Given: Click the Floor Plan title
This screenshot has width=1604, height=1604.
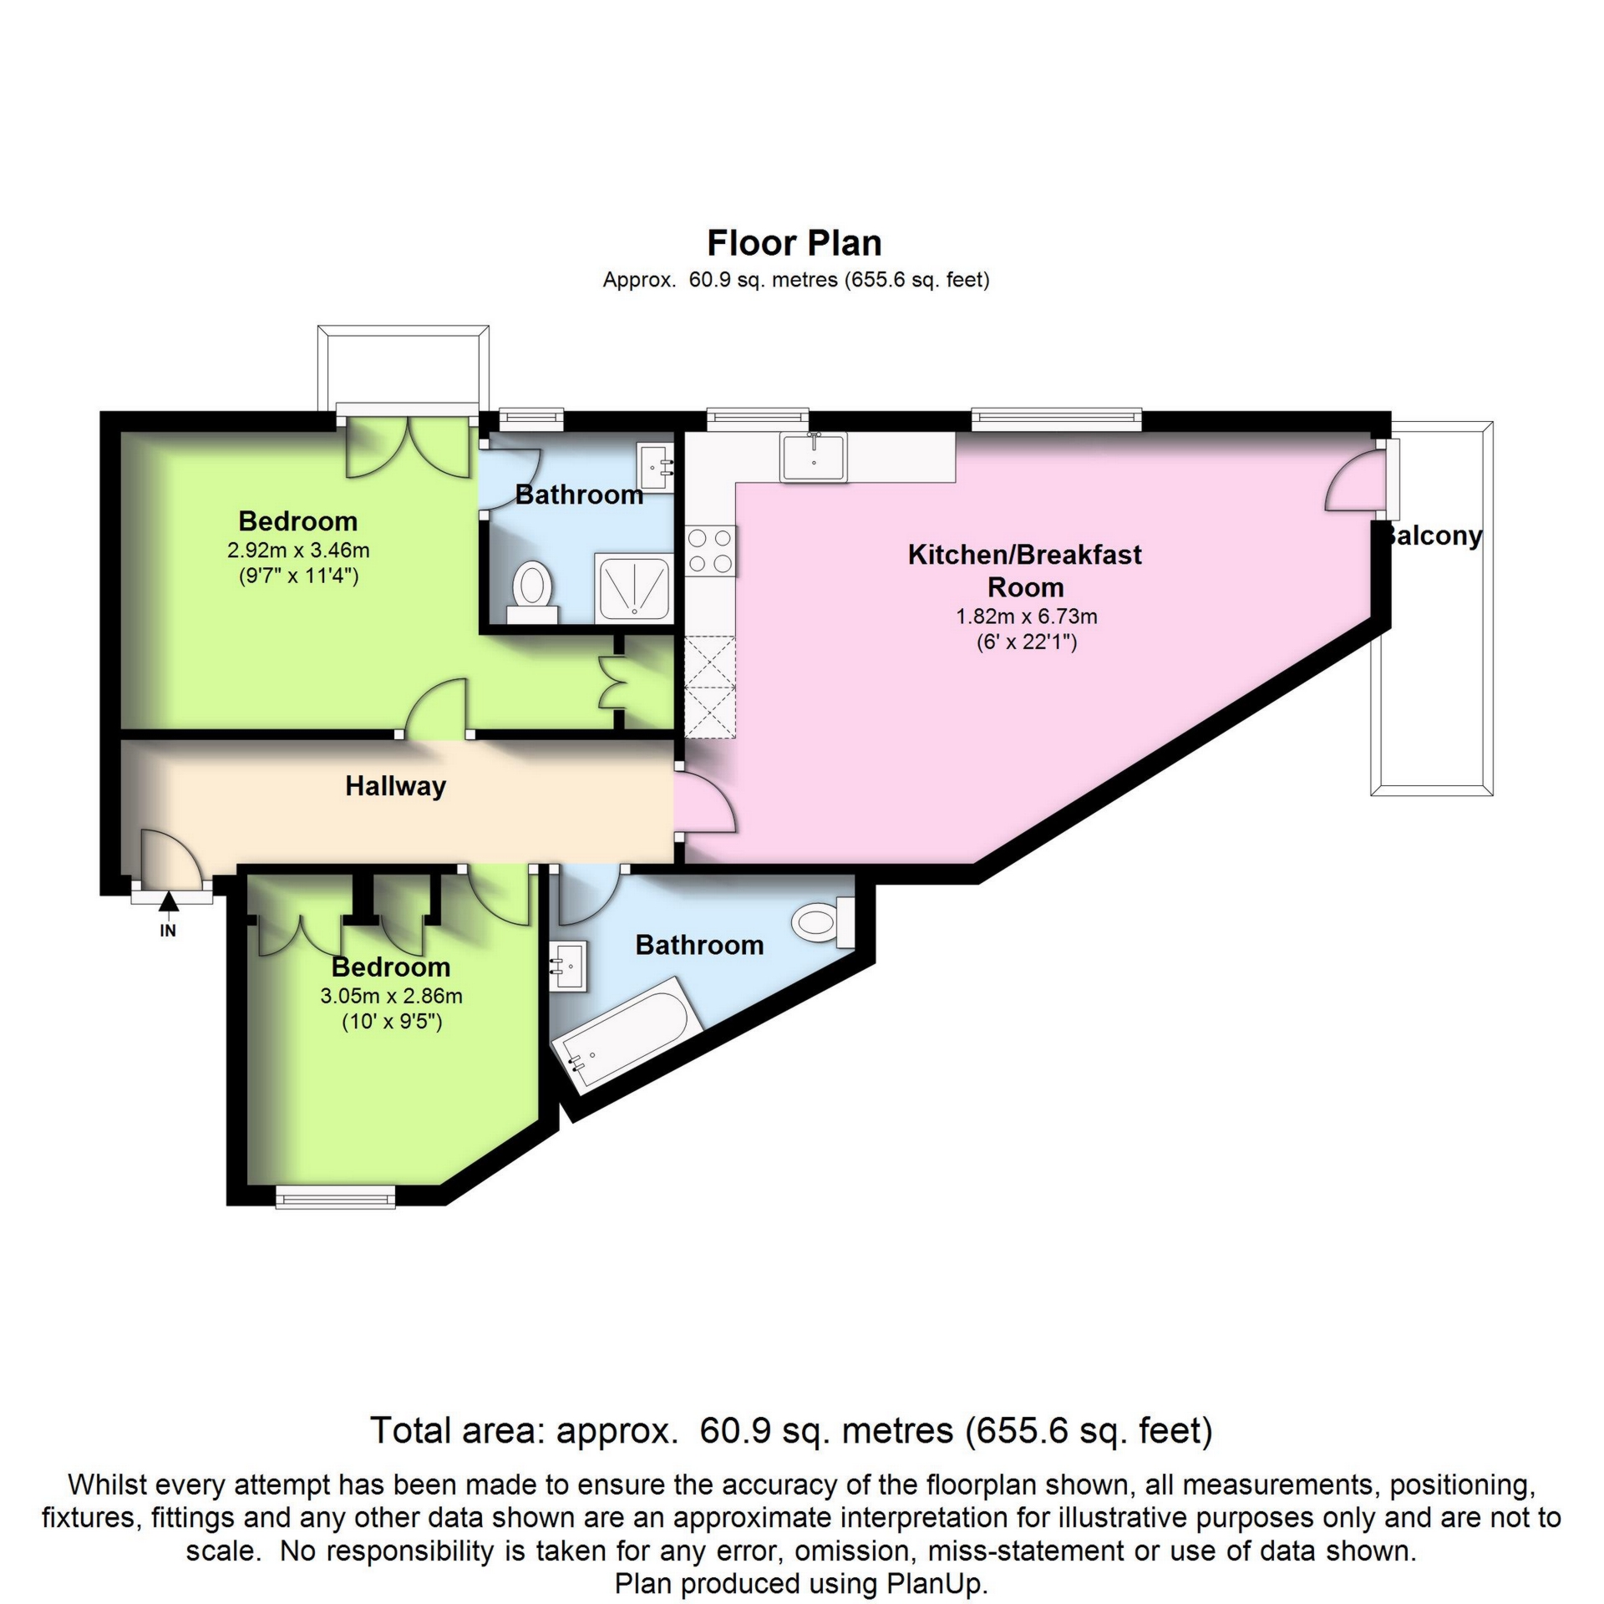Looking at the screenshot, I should [x=794, y=243].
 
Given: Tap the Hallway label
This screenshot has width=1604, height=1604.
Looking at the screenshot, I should [x=395, y=786].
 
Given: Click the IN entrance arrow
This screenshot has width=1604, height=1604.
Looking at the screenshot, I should [x=169, y=902].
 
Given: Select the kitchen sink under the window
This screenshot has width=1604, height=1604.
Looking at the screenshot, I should [x=813, y=456].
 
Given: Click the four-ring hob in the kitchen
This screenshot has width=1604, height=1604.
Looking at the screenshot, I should [x=710, y=551].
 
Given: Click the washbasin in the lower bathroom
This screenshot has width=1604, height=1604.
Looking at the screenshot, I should [x=569, y=966].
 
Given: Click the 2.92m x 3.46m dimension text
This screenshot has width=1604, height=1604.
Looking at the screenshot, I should [x=298, y=551].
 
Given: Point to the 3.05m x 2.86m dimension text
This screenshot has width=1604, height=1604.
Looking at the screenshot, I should [x=391, y=996].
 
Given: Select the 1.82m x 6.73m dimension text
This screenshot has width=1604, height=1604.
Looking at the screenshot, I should [x=1026, y=617].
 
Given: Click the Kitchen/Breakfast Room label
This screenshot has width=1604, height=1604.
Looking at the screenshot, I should [x=1024, y=571].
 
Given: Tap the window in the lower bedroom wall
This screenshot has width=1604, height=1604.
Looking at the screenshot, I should [x=335, y=1200].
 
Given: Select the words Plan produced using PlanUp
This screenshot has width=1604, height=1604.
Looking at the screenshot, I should [x=800, y=1584].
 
